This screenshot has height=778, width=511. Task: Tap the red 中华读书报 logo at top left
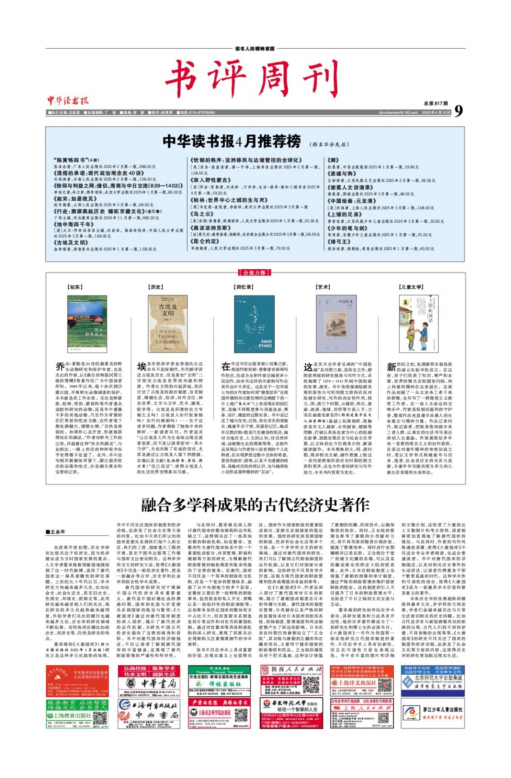point(68,101)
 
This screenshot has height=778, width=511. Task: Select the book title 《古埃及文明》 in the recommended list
point(71,242)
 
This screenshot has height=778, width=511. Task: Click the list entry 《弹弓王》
point(339,242)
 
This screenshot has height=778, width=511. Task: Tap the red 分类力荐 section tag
point(255,272)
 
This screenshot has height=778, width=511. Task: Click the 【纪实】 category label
point(74,287)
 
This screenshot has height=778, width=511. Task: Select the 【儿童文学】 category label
point(411,287)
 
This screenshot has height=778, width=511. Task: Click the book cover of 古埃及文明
point(167,324)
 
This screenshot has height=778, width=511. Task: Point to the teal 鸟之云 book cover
point(254,324)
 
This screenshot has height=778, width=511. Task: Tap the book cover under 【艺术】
point(336,324)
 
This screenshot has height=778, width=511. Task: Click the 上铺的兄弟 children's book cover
point(419,324)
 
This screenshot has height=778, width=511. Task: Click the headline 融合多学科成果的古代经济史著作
point(255,505)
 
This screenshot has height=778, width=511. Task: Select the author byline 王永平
point(55,532)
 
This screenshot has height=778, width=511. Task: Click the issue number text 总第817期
point(436,103)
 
